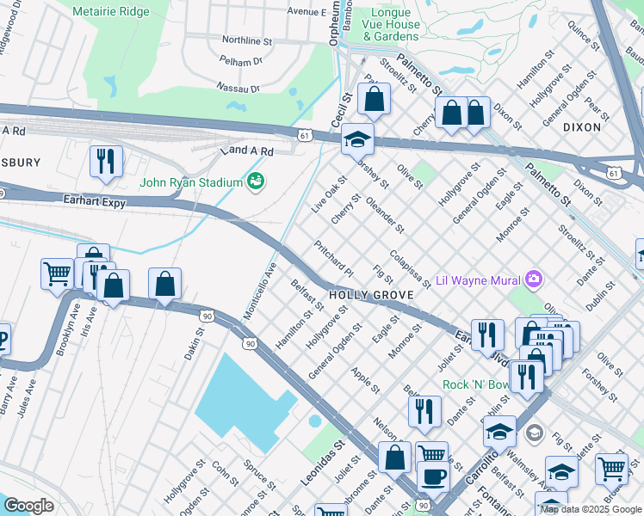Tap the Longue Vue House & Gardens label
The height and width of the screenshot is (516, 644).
pyautogui.click(x=391, y=25)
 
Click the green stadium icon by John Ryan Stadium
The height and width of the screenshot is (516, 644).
pyautogui.click(x=255, y=181)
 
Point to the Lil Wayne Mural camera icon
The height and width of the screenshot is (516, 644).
pyautogui.click(x=534, y=278)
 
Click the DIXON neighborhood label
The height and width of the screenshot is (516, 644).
pyautogui.click(x=581, y=126)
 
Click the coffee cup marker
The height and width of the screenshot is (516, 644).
pyautogui.click(x=433, y=476)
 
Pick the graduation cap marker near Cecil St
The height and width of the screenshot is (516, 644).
pyautogui.click(x=357, y=139)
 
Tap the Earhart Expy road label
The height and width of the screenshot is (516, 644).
pyautogui.click(x=95, y=203)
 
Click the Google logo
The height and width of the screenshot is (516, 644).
pyautogui.click(x=28, y=506)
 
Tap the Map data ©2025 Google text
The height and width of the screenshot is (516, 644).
pyautogui.click(x=590, y=509)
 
